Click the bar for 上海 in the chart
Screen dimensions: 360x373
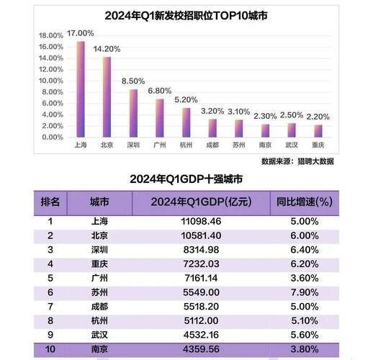point(81,89)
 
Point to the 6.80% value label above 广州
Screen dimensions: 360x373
point(158,91)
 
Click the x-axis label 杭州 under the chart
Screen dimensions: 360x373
point(185,145)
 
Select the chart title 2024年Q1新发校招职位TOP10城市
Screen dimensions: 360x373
point(186,15)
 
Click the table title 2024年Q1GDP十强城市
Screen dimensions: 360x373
point(186,179)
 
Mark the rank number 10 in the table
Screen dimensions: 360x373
point(50,350)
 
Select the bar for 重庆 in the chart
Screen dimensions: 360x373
point(318,131)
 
